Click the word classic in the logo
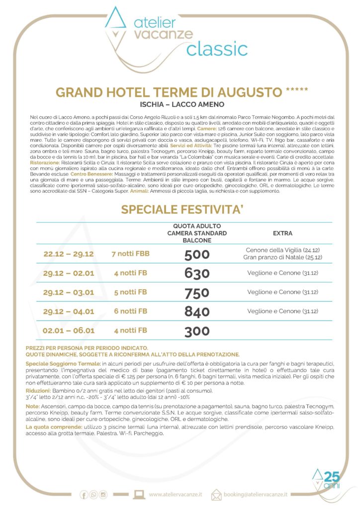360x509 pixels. (217, 49)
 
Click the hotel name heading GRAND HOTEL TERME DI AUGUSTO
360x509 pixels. (170, 92)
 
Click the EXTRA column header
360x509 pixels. (283, 233)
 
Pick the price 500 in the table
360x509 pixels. (197, 254)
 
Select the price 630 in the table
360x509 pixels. (197, 273)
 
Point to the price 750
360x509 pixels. (197, 293)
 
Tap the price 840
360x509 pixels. (197, 312)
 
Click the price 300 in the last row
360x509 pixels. (197, 331)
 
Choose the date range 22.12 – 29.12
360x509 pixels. (69, 254)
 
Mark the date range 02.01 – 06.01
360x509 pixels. (69, 331)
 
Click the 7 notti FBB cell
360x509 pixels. (131, 254)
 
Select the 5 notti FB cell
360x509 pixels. (131, 292)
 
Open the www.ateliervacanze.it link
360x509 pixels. (176, 495)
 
